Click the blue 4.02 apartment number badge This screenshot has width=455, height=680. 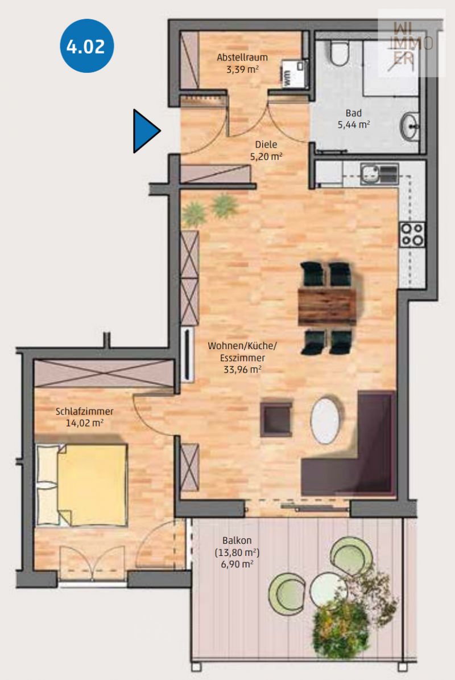point(86,46)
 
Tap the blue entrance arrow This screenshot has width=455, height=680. point(145,131)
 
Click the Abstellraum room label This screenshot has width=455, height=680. point(242,58)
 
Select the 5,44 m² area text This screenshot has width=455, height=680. point(353,125)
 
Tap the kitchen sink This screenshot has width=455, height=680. point(379,174)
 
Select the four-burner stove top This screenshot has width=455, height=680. point(412,235)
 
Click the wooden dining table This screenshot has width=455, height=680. point(327,307)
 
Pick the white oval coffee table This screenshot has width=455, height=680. point(325,419)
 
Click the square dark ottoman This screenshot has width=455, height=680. point(276,419)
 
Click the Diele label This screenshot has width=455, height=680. point(266,145)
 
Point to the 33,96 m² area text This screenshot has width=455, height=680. point(242,370)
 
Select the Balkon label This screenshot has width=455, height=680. point(237,541)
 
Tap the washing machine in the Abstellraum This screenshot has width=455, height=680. point(294,73)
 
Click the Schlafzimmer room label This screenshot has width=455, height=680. point(84,412)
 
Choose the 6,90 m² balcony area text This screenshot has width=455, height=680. point(237,564)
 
